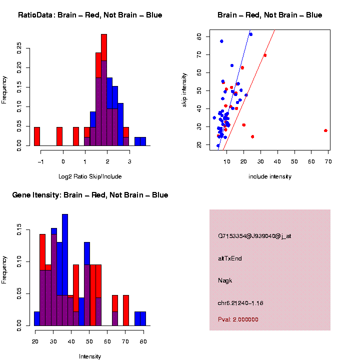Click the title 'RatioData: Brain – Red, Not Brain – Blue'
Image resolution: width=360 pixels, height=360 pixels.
[x=90, y=15]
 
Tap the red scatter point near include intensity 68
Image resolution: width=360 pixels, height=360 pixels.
[x=325, y=130]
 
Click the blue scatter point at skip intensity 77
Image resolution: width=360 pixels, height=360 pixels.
[x=221, y=41]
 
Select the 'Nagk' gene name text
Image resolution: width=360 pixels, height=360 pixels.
[x=225, y=280]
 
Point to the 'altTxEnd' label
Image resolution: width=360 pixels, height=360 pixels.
[x=230, y=258]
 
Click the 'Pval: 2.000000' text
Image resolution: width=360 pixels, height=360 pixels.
[x=238, y=319]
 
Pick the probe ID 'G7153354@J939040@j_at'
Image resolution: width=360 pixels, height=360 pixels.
[x=254, y=236]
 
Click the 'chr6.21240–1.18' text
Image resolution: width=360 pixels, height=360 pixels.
[x=240, y=302]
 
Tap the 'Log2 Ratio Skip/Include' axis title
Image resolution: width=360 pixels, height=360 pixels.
[x=90, y=176]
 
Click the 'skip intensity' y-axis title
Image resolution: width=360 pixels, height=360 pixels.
[x=185, y=90]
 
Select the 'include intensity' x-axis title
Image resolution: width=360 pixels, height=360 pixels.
[x=270, y=176]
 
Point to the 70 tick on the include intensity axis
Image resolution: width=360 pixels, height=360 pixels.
[x=328, y=161]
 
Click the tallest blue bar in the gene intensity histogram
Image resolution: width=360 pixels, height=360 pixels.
[x=65, y=270]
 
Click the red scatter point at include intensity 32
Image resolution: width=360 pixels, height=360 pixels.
[x=265, y=55]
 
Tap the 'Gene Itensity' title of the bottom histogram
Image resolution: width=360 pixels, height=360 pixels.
[x=90, y=195]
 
